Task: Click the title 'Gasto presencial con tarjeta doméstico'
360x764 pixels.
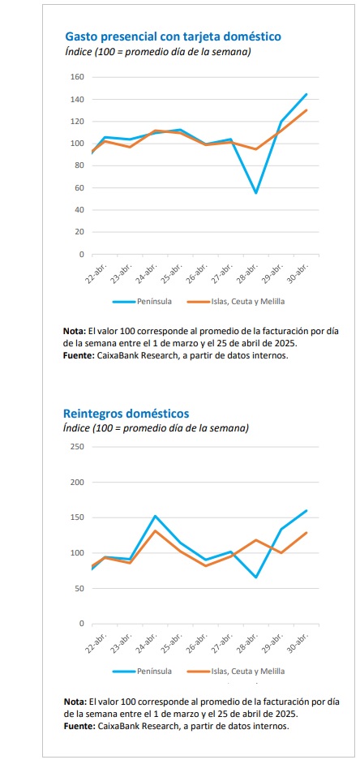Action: point(173,36)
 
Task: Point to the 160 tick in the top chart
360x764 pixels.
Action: point(78,77)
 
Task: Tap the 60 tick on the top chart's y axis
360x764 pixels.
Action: point(80,188)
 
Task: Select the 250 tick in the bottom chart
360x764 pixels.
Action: point(78,447)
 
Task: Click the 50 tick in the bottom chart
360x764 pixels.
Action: point(80,589)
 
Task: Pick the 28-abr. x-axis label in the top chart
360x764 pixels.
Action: point(248,273)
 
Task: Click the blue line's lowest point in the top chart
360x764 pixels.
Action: point(255,194)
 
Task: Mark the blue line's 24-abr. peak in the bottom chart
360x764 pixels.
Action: point(155,516)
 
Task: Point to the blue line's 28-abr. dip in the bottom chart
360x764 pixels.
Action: point(255,577)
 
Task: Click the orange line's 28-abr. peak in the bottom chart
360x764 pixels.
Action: point(255,540)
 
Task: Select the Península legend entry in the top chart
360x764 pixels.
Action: point(142,302)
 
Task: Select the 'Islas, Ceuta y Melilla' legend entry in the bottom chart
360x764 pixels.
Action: point(236,671)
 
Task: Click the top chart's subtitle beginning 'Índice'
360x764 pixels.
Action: point(158,51)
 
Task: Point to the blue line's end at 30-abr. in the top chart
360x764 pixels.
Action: point(306,94)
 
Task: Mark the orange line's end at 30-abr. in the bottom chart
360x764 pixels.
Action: point(306,533)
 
